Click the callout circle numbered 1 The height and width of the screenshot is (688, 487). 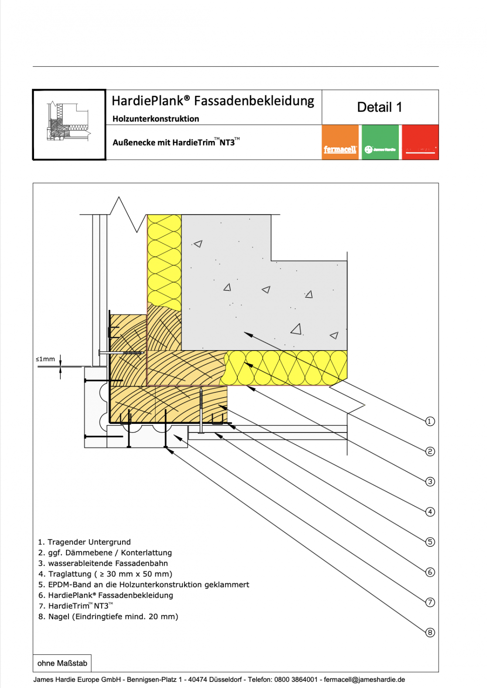[430, 421]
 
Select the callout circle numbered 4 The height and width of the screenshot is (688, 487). [430, 511]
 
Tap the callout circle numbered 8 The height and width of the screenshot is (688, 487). [430, 632]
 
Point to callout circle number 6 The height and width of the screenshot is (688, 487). [430, 572]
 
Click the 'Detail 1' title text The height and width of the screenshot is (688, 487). [379, 107]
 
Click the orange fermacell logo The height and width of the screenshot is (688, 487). [340, 143]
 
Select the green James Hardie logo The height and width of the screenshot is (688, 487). [380, 143]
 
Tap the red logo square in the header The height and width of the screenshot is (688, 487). [420, 143]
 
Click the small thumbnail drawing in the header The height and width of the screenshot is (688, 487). [69, 124]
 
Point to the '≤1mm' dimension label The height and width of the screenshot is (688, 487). [45, 359]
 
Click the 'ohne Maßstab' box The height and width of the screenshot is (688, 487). [62, 663]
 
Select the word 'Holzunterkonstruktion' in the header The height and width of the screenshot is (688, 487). [156, 119]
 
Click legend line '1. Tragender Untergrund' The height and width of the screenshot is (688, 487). [84, 542]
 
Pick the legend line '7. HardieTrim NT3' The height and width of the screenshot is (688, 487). [75, 606]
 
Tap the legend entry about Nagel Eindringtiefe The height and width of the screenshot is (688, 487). [108, 616]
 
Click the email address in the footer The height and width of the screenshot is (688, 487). [364, 679]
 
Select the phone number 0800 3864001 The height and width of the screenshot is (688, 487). [296, 679]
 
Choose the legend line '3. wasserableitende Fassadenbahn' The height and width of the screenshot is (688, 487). [103, 563]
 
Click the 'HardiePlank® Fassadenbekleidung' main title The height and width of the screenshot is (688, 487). [213, 101]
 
